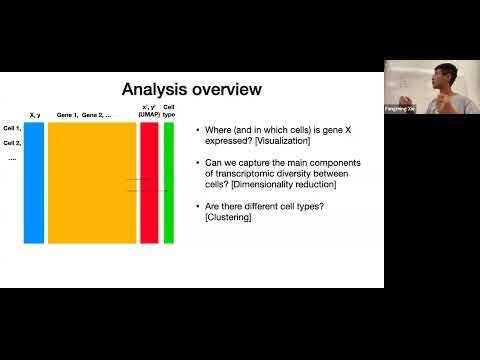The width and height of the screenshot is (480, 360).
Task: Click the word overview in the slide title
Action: coord(226,90)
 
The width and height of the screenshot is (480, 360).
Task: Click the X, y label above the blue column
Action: coord(35,115)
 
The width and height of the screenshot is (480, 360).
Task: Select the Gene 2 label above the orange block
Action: coord(96,115)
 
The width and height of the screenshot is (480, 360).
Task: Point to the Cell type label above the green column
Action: coord(169,111)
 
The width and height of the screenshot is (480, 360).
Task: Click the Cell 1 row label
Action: coord(12,128)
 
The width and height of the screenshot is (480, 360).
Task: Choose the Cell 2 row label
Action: coord(12,143)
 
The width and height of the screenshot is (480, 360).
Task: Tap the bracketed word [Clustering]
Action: coord(227,217)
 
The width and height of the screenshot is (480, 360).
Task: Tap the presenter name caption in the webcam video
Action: coord(401,108)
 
